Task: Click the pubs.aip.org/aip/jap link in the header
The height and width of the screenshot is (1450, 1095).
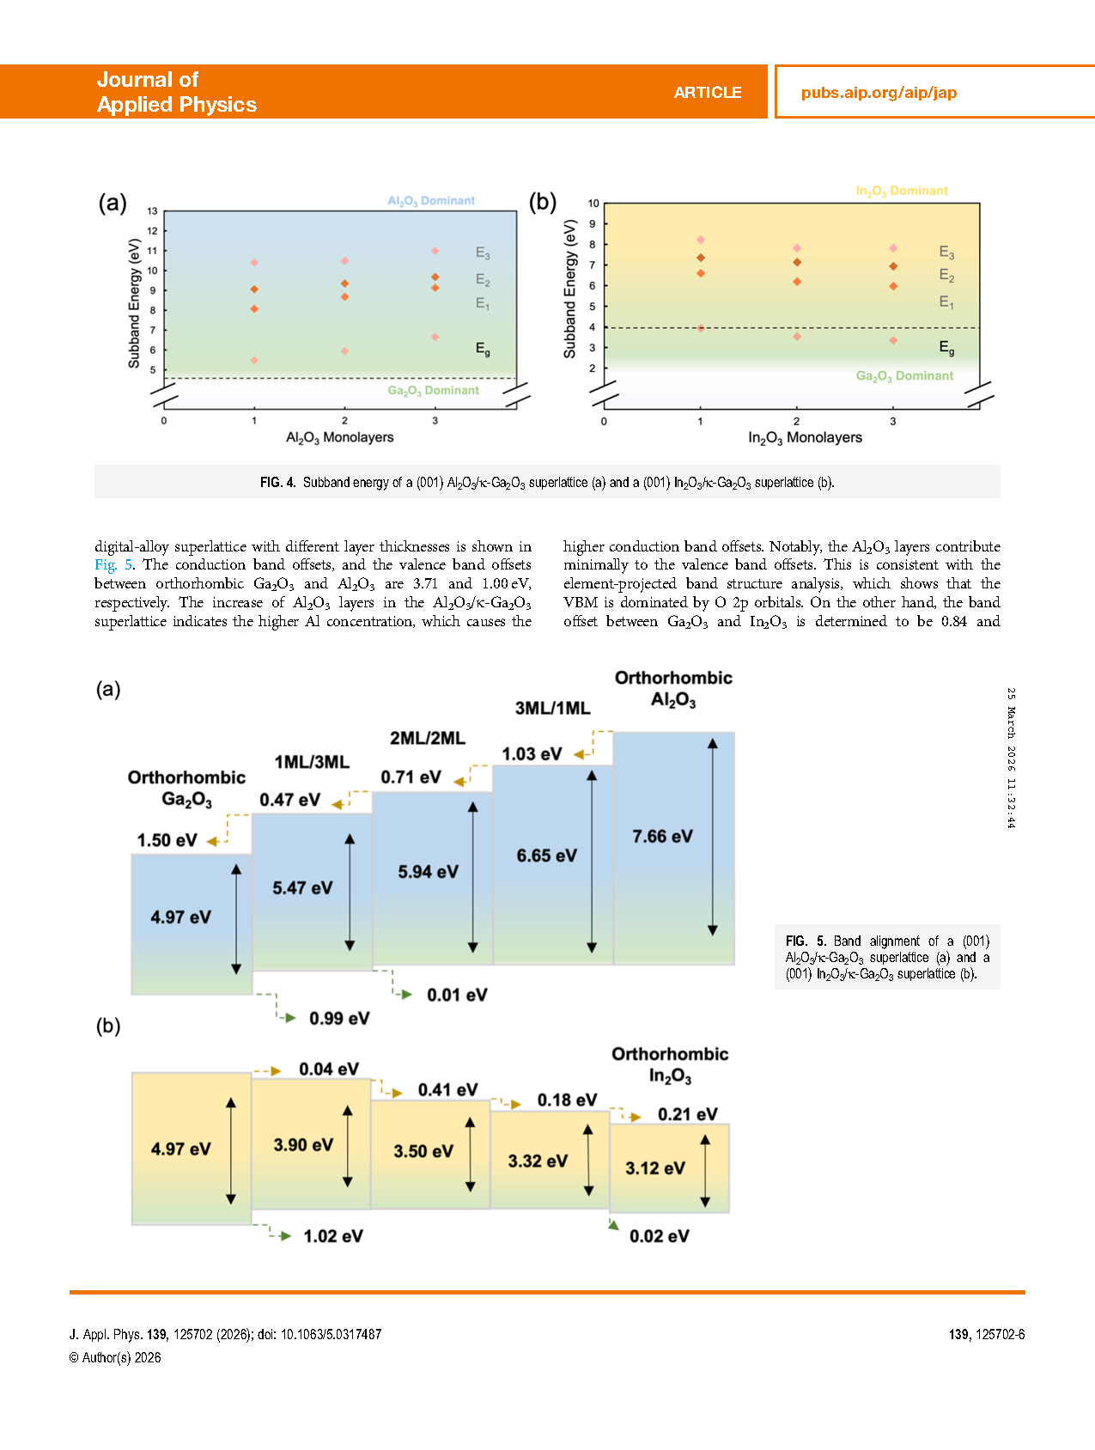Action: [879, 93]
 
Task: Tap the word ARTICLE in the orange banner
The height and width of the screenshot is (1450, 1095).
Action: [707, 93]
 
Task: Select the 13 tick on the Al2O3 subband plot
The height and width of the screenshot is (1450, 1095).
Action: [152, 211]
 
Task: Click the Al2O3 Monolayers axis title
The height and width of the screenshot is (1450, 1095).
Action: [339, 438]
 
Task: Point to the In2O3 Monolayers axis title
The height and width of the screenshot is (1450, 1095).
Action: [805, 438]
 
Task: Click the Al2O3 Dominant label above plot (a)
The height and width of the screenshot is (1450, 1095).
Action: [431, 201]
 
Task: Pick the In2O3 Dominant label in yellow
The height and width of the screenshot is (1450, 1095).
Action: [902, 191]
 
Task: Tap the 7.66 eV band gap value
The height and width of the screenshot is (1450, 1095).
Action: [662, 837]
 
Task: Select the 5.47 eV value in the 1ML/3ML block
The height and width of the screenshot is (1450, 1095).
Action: [302, 888]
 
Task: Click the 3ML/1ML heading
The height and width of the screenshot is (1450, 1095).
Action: [552, 709]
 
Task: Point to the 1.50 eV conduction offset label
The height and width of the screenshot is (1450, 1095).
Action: [167, 840]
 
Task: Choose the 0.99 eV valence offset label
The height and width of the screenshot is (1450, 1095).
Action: [339, 1019]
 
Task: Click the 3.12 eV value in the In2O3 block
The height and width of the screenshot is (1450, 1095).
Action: [655, 1168]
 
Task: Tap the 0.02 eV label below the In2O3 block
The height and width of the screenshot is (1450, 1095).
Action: [659, 1236]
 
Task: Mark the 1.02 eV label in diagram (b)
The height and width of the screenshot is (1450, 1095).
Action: [333, 1236]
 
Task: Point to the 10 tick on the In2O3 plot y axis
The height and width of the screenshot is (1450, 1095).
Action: [593, 204]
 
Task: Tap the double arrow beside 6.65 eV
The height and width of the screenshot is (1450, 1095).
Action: [592, 862]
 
